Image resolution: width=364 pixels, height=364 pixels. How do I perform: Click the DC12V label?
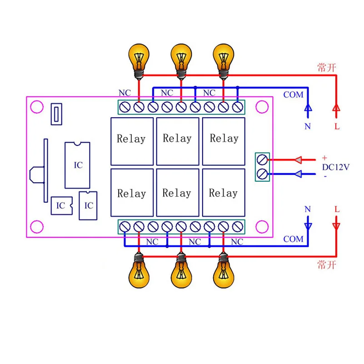click(x=335, y=167)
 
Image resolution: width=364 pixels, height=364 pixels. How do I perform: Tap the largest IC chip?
click(x=77, y=165)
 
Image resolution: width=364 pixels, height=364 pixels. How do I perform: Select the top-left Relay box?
click(x=132, y=141)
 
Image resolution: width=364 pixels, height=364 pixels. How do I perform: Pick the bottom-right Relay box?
click(x=224, y=193)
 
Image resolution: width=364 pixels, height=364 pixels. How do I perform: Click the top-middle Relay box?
click(x=178, y=141)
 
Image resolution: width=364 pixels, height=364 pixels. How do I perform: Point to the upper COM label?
click(x=293, y=95)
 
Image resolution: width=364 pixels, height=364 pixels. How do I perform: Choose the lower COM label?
click(x=293, y=239)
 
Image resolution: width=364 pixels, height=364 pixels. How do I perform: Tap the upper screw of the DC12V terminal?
click(x=262, y=160)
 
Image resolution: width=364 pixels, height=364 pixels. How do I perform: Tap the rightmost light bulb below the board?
click(x=222, y=272)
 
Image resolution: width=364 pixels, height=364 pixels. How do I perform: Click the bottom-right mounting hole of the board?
click(x=262, y=225)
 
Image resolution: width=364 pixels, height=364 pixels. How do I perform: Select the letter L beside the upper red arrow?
click(x=337, y=127)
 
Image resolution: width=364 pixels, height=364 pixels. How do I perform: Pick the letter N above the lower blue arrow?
click(x=308, y=209)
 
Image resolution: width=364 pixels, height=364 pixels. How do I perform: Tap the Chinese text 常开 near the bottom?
click(x=326, y=265)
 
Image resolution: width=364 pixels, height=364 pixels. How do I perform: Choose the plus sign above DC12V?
click(x=324, y=157)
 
